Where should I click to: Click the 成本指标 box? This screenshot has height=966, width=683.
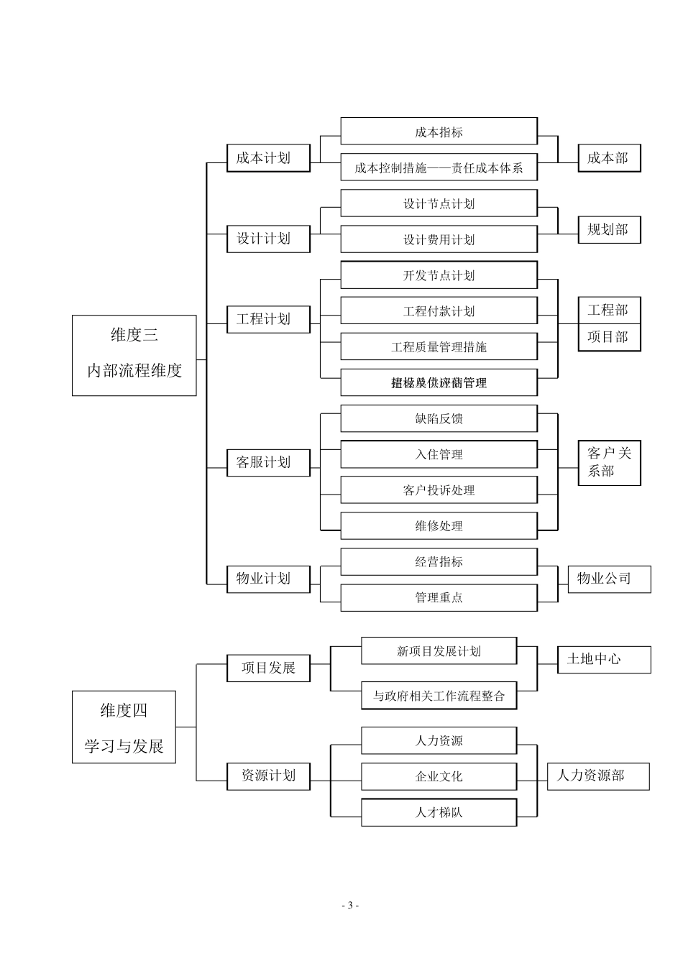[439, 132]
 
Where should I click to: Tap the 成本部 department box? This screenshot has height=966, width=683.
[608, 158]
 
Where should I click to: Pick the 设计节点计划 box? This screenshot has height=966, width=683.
[439, 203]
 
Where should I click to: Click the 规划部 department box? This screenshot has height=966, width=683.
[608, 230]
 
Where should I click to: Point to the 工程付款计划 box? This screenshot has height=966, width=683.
[439, 311]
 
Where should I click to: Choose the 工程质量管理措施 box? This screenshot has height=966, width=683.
[439, 347]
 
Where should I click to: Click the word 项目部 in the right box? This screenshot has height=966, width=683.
[608, 336]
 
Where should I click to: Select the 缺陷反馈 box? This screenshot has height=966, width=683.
[439, 418]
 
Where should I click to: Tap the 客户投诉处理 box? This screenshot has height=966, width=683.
[439, 490]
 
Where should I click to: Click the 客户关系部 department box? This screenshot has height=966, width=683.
[608, 462]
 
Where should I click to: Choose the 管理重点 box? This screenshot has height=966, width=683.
[439, 597]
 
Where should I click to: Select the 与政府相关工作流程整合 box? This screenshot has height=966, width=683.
[439, 696]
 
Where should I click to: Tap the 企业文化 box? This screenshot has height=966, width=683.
[439, 776]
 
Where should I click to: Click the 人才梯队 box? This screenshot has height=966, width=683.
[439, 813]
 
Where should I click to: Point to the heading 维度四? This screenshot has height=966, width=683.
[124, 710]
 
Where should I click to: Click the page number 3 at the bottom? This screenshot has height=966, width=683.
[350, 906]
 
